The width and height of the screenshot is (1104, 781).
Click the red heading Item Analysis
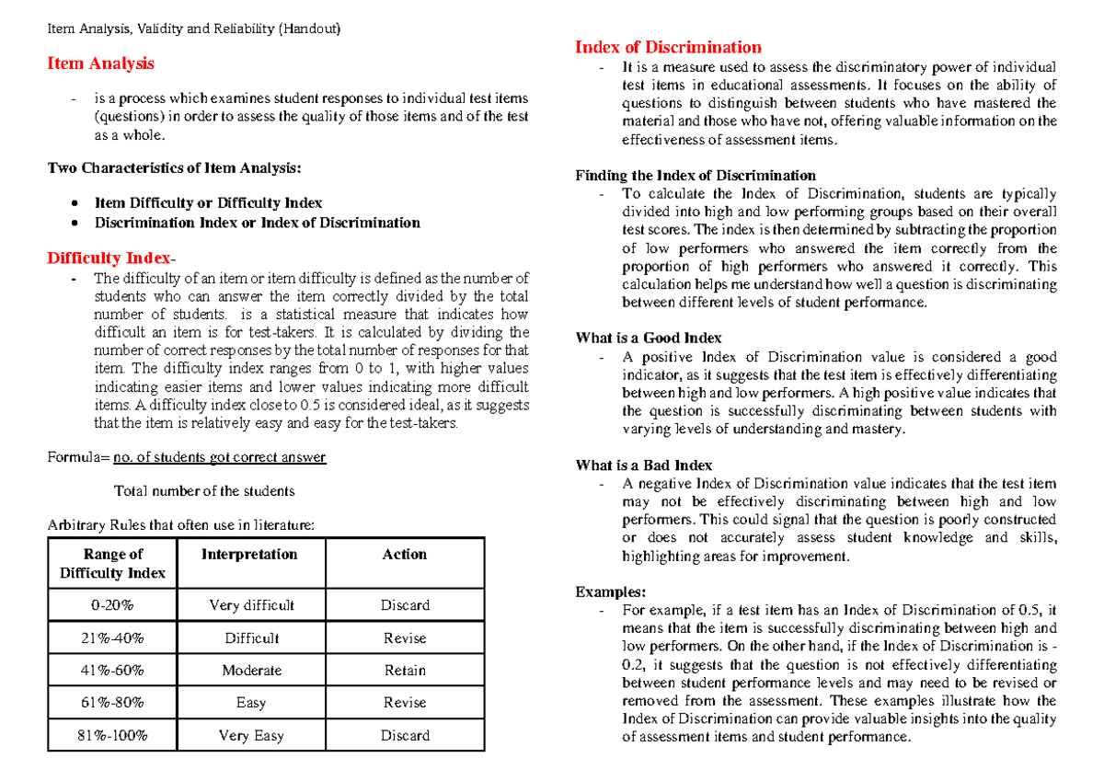[x=100, y=63]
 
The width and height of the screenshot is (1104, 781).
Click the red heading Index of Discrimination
[x=668, y=47]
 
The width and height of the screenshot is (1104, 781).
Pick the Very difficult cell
[x=251, y=605]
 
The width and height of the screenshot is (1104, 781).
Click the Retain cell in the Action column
[x=405, y=671]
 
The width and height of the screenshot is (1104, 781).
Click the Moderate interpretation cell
[x=251, y=671]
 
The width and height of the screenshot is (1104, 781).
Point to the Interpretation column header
[x=249, y=555]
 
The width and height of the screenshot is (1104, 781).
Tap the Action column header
[x=405, y=555]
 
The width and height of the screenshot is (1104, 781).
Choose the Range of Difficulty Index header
[x=112, y=563]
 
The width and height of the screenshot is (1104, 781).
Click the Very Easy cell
[x=251, y=736]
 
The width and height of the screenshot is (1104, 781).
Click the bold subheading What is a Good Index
[x=648, y=338]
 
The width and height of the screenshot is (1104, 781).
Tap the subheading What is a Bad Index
[x=643, y=465]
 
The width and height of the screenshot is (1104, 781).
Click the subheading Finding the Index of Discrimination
[x=695, y=175]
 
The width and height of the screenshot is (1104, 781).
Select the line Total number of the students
[x=203, y=490]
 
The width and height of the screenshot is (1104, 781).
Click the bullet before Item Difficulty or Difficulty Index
[x=75, y=202]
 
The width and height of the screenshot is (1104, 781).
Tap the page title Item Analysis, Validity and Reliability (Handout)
[x=194, y=29]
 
